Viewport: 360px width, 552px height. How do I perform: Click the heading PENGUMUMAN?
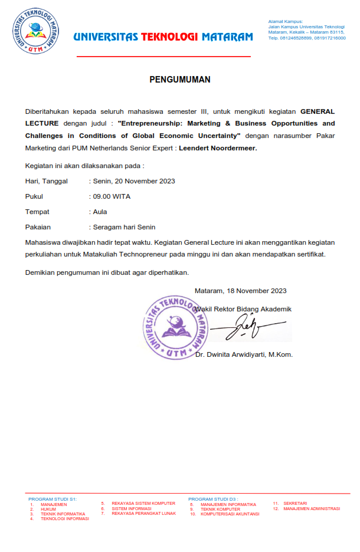[x=179, y=80]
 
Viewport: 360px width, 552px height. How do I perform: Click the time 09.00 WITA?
[x=112, y=196]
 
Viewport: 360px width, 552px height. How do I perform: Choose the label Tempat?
[x=37, y=212]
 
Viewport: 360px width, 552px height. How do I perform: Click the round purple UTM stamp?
[x=176, y=327]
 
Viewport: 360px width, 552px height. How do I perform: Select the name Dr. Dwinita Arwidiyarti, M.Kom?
[x=244, y=354]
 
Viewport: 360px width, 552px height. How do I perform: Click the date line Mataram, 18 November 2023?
[x=240, y=291]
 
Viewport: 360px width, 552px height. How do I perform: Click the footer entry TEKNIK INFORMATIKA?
[x=63, y=514]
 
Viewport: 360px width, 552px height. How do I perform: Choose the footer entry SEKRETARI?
[x=295, y=504]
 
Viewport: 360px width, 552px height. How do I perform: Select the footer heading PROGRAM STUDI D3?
[x=213, y=499]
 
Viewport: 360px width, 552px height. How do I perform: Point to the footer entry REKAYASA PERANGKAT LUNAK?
[x=143, y=514]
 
